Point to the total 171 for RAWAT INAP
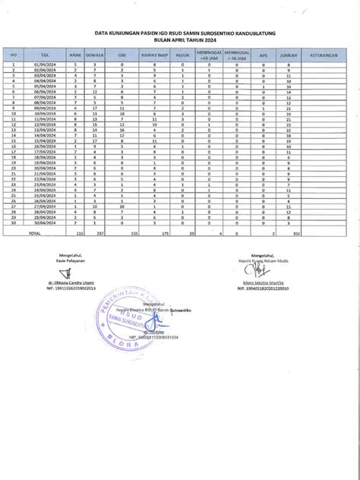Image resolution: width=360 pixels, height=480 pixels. coord(153,234)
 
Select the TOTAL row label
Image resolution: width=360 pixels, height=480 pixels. coord(34,234)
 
